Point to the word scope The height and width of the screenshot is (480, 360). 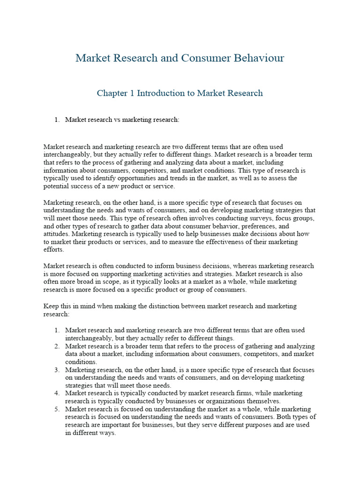click(106, 282)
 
